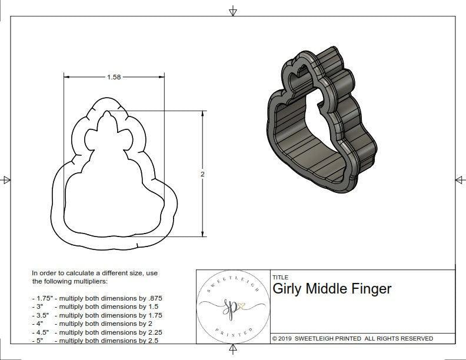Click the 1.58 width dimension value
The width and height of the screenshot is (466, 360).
[x=115, y=77]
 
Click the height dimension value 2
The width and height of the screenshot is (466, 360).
[x=202, y=174]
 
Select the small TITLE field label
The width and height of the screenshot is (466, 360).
[x=280, y=277]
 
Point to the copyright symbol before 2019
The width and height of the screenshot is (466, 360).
[x=275, y=338]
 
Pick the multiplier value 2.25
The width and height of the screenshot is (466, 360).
[x=153, y=332]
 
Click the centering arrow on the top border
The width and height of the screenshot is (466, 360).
[x=233, y=11]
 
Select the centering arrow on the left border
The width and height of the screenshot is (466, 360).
[x=6, y=179]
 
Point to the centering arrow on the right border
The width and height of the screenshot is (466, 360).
[x=460, y=179]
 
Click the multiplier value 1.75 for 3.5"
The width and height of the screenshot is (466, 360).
[x=153, y=315]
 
